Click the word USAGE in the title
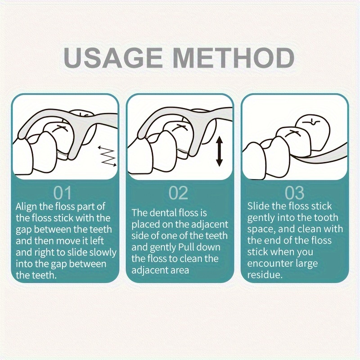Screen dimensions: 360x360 tap(113, 58)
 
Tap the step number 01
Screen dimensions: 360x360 tap(63, 193)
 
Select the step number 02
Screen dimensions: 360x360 tap(178, 193)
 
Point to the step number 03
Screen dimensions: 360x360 tap(295, 193)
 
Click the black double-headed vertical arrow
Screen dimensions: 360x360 tap(220, 151)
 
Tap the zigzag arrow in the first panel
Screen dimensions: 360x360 tap(108, 156)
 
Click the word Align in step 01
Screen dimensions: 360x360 tap(27, 207)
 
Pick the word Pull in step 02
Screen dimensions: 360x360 tap(185, 247)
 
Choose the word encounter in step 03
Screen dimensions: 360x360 tap(268, 263)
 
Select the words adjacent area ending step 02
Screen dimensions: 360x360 tap(160, 270)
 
